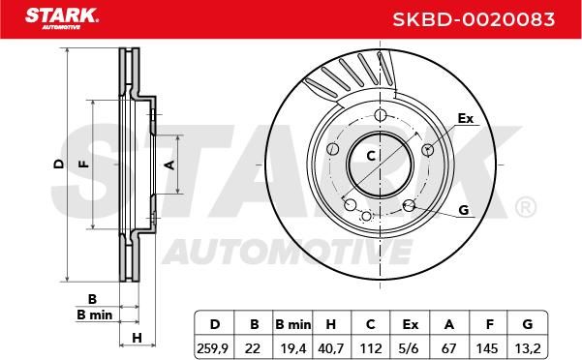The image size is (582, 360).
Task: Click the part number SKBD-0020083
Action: (474, 19)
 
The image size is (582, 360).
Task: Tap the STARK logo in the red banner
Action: (62, 18)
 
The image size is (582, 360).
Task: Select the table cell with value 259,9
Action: (212, 348)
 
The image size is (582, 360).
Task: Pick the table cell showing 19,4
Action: (293, 348)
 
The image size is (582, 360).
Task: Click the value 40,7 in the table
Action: (331, 348)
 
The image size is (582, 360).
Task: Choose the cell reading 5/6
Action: (410, 348)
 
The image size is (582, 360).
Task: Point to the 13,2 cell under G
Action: (528, 348)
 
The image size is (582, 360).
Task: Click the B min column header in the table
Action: (293, 324)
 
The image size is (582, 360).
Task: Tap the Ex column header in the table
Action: (411, 324)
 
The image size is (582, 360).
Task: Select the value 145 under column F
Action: (487, 348)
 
